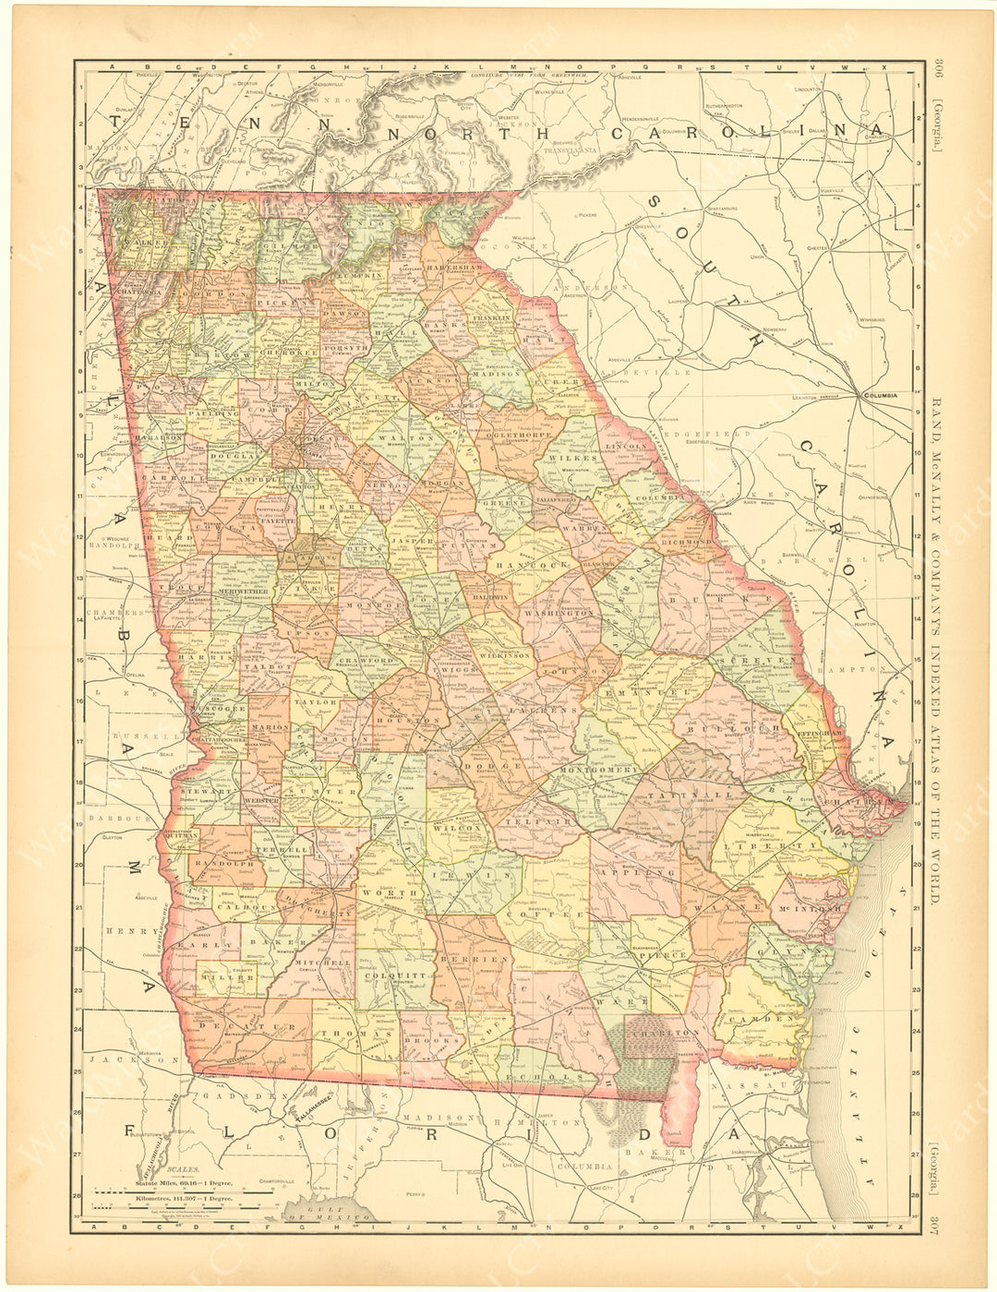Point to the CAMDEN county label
coord(762,1019)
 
